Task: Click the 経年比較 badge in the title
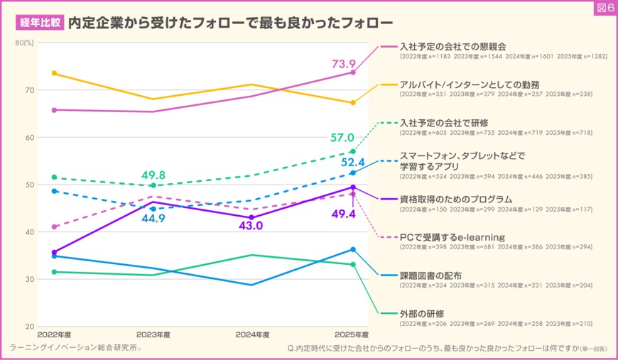coord(38,22)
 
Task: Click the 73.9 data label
coord(345,65)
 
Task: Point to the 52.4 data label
coord(352,162)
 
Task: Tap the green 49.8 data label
coord(153,175)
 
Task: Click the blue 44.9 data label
coord(153,219)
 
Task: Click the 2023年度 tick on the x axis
coord(153,334)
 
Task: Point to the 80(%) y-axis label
coord(25,43)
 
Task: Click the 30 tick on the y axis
coord(30,279)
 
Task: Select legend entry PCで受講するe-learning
coord(452,236)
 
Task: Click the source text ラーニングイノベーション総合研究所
coord(75,348)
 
